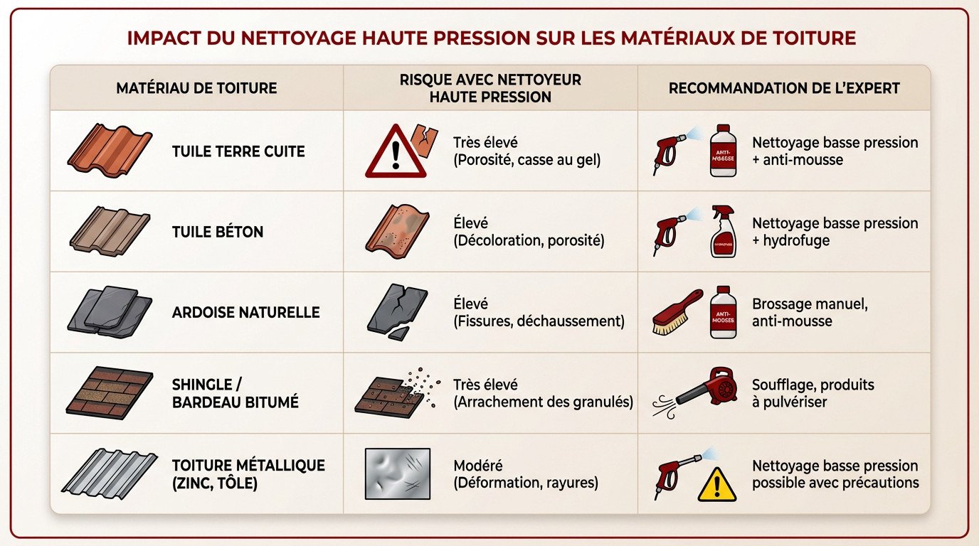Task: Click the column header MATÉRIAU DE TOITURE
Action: point(196,88)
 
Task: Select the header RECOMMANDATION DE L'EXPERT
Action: point(784,88)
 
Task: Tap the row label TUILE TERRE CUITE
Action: point(238,151)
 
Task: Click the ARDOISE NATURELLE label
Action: point(245,312)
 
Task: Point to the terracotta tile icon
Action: point(110,150)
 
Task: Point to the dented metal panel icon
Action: point(397,473)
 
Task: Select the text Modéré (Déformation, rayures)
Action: point(525,474)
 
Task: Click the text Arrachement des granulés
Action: point(542,402)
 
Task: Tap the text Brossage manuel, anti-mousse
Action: point(810,312)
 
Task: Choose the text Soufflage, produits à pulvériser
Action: point(813,393)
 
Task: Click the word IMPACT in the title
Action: point(160,38)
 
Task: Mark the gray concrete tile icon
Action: point(110,231)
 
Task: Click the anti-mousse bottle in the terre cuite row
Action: point(723,150)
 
